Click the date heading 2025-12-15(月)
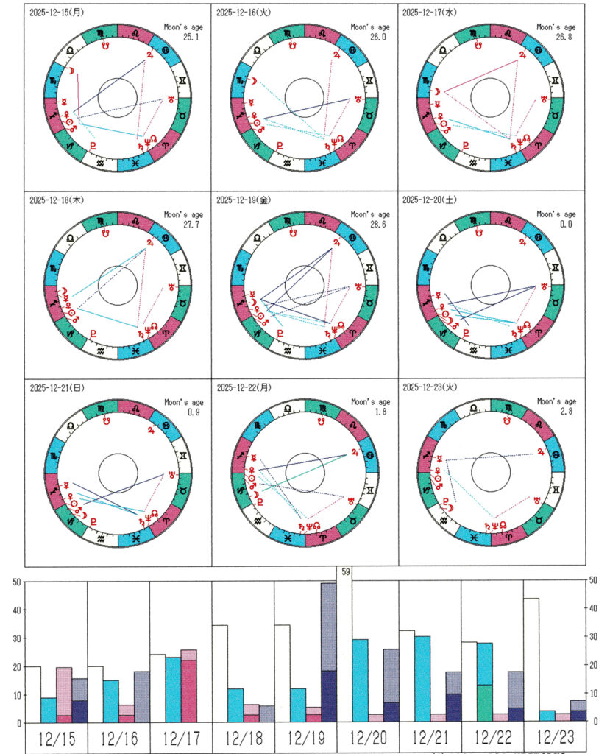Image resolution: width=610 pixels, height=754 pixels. coord(55,13)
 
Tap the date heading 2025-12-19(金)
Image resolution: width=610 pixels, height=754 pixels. coord(242,200)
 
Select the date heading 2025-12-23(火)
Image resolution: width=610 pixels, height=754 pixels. coord(429,386)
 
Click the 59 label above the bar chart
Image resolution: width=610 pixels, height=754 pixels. coord(344,571)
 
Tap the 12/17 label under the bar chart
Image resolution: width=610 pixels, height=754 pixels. coord(180,739)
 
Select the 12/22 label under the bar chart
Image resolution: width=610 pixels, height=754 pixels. coord(492,739)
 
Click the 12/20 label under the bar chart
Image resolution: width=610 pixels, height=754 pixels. coord(367,739)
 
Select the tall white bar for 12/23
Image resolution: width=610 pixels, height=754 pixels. coord(531,660)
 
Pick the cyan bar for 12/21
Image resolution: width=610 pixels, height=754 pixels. coord(422,678)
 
